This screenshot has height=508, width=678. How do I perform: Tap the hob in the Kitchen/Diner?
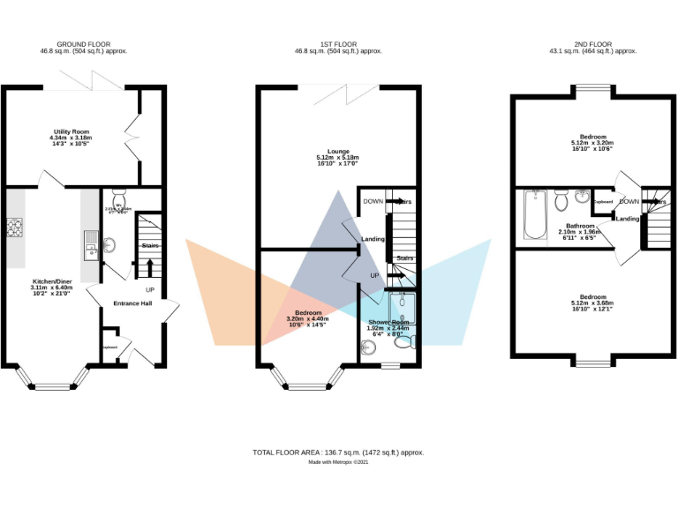(x=15, y=228)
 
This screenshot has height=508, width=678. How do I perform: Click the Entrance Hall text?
(x=132, y=303)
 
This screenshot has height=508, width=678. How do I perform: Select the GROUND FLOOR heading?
(x=83, y=43)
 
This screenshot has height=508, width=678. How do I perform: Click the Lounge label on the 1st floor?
(x=338, y=151)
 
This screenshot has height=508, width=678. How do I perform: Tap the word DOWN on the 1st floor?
(x=373, y=202)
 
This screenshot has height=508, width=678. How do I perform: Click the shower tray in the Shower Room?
(x=403, y=305)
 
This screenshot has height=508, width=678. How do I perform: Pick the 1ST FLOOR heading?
(x=338, y=43)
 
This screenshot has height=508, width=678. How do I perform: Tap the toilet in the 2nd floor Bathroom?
(x=560, y=203)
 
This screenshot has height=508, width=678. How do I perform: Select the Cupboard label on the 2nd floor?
(x=604, y=202)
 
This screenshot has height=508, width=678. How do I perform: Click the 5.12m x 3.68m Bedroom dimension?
(x=591, y=303)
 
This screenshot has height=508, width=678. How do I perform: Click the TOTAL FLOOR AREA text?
(x=338, y=452)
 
